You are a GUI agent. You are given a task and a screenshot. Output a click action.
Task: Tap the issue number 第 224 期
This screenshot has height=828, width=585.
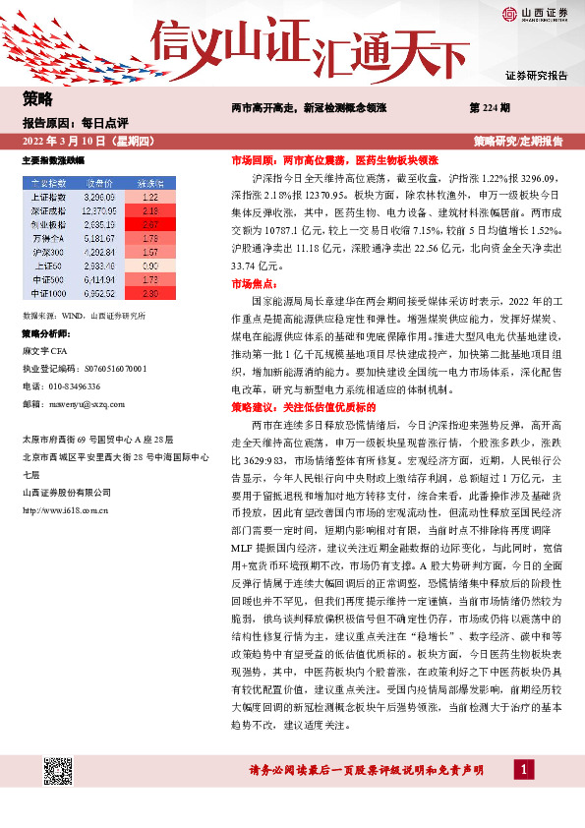490,106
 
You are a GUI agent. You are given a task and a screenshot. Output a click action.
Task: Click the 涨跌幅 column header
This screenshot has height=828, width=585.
150,183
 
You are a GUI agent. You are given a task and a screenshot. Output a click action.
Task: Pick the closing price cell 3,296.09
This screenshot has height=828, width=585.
100,197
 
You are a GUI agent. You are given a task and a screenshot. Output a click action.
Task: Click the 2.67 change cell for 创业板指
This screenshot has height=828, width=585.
150,224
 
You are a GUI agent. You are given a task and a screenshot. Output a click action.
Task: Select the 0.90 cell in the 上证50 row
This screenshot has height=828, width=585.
150,266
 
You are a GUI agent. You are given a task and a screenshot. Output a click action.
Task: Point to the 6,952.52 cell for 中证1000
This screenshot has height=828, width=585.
100,293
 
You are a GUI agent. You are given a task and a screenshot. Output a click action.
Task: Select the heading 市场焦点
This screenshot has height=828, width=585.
254,281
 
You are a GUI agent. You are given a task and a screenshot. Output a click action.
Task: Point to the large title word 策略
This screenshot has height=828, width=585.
37,98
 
